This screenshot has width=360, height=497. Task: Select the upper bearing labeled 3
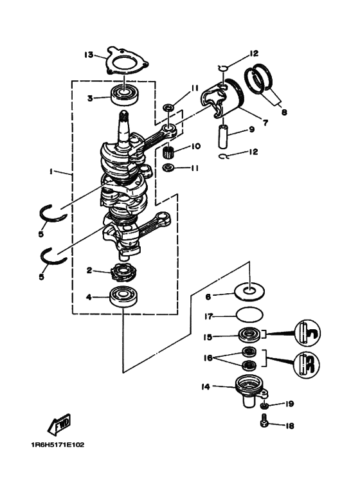(x=124, y=94)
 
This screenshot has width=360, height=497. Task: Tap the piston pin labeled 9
(x=223, y=136)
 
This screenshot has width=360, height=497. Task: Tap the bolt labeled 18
(x=264, y=422)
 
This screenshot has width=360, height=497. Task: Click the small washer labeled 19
(x=264, y=406)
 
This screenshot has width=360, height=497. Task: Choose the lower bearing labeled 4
(x=123, y=296)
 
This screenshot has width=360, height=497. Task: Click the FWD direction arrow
(x=59, y=424)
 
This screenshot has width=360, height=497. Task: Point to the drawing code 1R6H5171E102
(x=58, y=445)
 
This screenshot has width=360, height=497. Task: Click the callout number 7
(x=265, y=122)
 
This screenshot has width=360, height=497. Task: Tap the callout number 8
(x=284, y=112)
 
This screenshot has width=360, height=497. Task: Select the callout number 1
(x=51, y=172)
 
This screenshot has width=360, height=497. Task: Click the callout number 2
(x=89, y=271)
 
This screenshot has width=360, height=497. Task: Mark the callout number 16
(x=208, y=358)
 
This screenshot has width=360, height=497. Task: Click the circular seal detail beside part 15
(x=307, y=333)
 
